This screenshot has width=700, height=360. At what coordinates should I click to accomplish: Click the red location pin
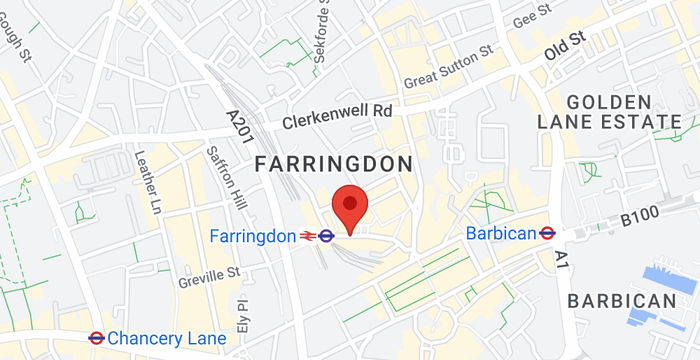tap(350, 207)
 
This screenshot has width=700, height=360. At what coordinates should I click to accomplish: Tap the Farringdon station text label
tap(253, 236)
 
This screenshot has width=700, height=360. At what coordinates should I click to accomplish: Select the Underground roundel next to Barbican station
tap(547, 232)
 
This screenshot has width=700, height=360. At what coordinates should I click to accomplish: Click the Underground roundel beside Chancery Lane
tap(97, 338)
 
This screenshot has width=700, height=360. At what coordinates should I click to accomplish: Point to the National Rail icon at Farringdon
tap(307, 236)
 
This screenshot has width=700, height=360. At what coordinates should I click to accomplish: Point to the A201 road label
tap(237, 130)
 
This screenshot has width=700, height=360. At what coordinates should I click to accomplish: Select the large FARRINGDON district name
tap(335, 163)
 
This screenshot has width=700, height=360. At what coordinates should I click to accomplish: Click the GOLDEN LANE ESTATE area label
tap(623, 111)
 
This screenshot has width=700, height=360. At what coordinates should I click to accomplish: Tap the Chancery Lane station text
tap(166, 338)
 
